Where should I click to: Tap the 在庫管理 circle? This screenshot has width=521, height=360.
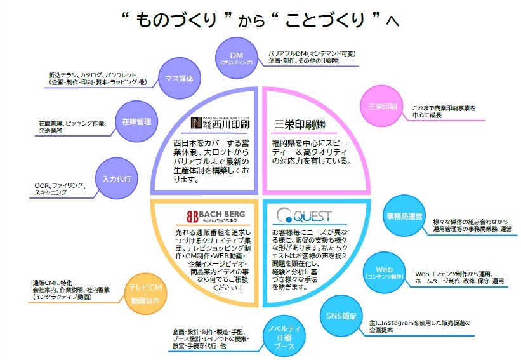coord(136,120)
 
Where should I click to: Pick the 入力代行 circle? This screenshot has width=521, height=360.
coord(116,178)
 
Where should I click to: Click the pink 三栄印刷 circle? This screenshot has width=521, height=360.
coord(379,106)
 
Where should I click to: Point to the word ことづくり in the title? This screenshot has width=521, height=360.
coord(328,20)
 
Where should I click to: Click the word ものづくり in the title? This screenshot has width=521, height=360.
coord(178,20)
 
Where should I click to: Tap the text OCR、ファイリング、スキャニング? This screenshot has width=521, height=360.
coord(61,189)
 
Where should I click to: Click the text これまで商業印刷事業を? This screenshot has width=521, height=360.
coord(444,109)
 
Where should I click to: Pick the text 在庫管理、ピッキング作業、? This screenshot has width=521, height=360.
coord(70,123)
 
